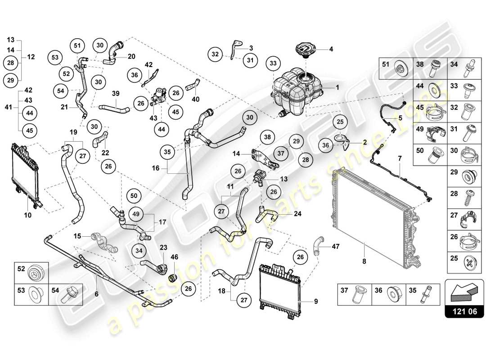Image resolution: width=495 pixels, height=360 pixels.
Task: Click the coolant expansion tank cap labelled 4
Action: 306,49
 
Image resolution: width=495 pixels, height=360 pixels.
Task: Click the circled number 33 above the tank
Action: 273,64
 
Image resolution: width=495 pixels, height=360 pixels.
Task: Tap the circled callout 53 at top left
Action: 55,57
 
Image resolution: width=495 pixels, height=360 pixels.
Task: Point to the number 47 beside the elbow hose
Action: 335,247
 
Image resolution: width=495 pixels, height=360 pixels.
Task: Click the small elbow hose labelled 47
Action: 318,244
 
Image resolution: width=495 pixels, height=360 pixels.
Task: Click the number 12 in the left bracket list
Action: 31,57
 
